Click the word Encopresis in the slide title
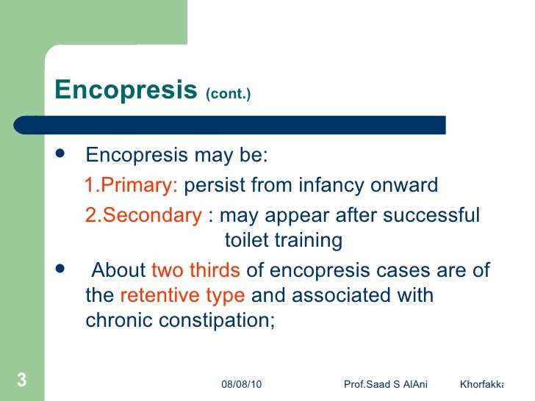pos(126,90)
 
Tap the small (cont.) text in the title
pos(229,95)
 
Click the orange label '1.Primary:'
pos(131,185)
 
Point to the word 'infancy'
pos(326,185)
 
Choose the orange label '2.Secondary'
pos(143,216)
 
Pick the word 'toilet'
pos(246,241)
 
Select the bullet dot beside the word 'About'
pos(60,269)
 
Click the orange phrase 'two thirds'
pos(195,270)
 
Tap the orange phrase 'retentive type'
pos(182,296)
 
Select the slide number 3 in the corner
pos(21,380)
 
